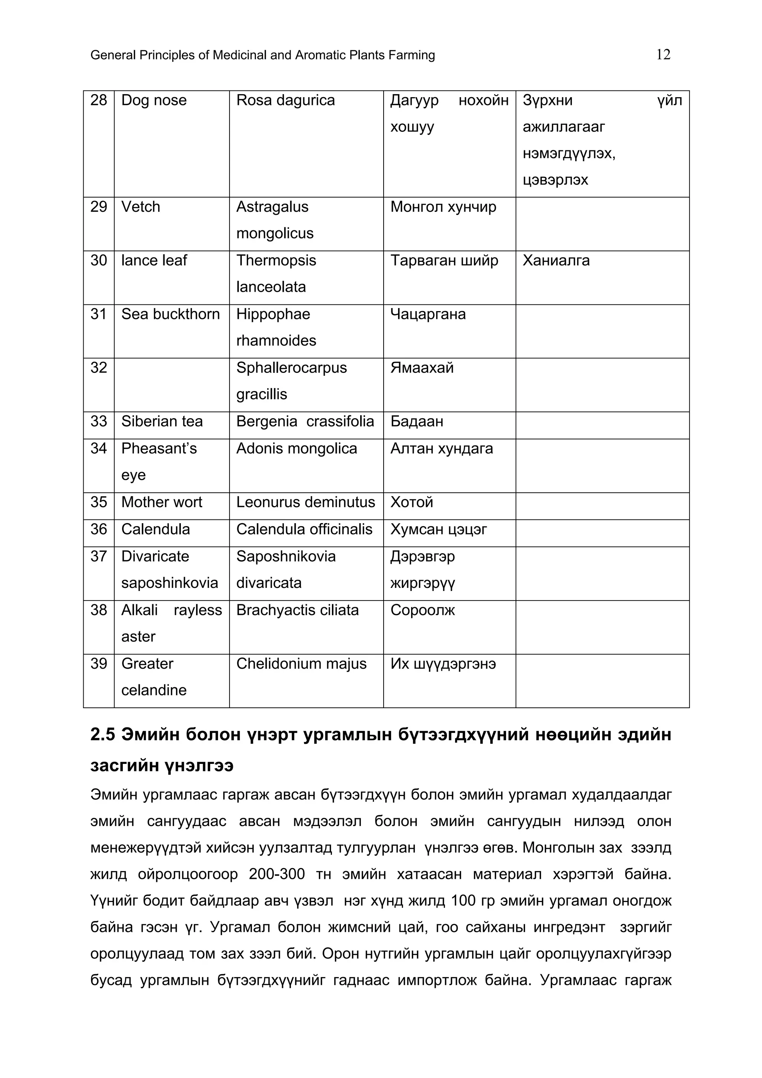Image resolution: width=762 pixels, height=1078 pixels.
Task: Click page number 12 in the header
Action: [x=663, y=55]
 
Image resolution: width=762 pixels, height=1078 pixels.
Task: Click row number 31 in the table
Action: [x=99, y=314]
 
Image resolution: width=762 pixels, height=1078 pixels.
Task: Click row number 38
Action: [x=99, y=610]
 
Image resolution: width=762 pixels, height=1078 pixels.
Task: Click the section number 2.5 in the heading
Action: [x=102, y=734]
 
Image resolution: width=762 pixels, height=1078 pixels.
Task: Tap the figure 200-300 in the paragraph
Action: [x=276, y=874]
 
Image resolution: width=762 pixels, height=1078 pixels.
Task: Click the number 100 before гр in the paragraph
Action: [x=463, y=901]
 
